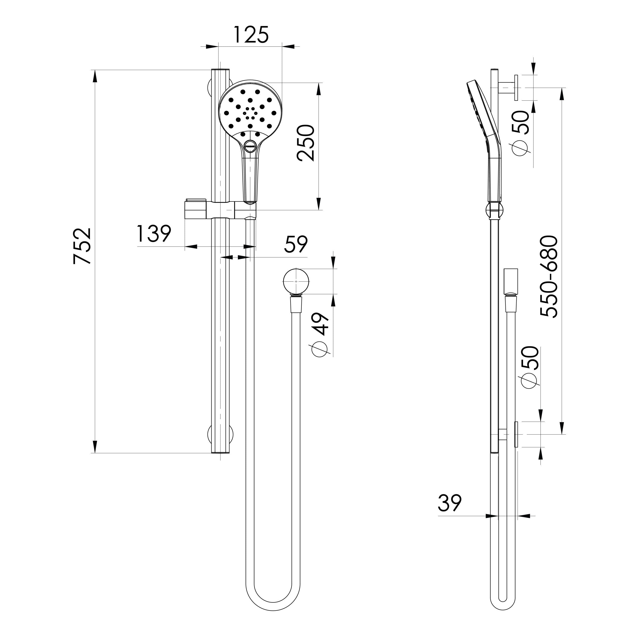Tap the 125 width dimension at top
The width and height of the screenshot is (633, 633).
251,35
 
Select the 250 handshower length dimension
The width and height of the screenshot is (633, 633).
306,143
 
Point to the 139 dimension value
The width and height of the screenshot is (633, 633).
154,234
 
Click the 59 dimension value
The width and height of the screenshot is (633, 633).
296,244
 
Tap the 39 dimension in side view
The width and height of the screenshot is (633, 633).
450,503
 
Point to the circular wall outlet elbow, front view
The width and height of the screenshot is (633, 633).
296,281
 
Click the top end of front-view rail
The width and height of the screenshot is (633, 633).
220,70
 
